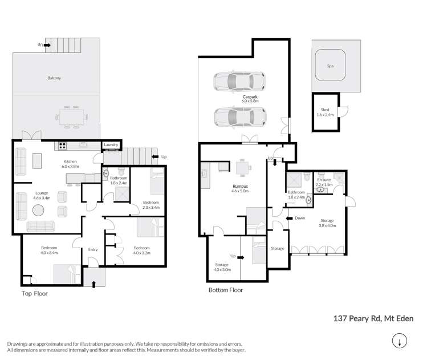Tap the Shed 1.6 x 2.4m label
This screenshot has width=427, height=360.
click(x=325, y=112)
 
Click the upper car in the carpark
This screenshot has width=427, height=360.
click(x=239, y=81)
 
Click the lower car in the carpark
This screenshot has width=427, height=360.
click(x=239, y=118)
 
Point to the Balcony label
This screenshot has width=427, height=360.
click(x=55, y=77)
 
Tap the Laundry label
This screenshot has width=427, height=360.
click(x=111, y=145)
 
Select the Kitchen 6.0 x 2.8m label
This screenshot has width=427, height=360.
click(x=70, y=164)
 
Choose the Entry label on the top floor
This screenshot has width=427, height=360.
click(x=93, y=249)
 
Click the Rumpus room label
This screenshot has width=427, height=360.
click(x=240, y=188)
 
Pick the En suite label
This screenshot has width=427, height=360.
click(x=324, y=183)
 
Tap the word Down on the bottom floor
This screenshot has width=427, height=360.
click(x=300, y=218)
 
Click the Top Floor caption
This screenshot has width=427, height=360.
click(x=35, y=294)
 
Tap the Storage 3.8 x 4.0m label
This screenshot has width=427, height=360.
click(x=327, y=223)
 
